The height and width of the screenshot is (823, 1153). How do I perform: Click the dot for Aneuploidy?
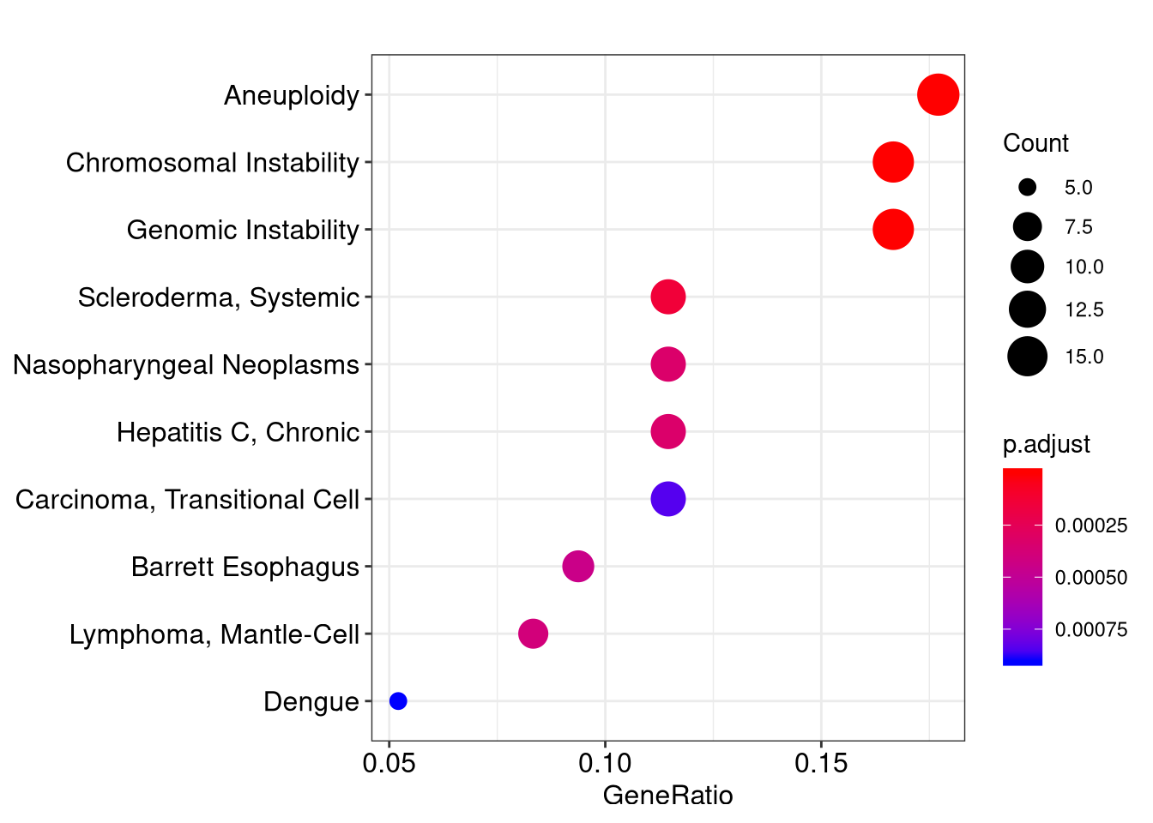(x=938, y=94)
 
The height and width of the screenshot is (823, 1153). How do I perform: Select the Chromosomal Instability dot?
(x=893, y=162)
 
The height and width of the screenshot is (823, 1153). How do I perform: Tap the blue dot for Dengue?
(x=398, y=700)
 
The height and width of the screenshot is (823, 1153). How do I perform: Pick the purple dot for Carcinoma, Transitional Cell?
(x=668, y=499)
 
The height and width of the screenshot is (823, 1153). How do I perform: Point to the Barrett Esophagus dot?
(x=578, y=567)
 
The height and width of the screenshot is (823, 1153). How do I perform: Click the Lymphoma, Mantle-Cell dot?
(x=534, y=634)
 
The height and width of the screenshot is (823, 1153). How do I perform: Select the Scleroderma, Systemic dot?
(x=668, y=297)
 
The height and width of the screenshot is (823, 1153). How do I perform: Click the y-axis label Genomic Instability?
(x=243, y=230)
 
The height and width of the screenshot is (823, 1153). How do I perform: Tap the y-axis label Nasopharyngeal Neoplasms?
(x=186, y=365)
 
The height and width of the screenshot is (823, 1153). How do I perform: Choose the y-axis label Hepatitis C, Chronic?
(x=238, y=432)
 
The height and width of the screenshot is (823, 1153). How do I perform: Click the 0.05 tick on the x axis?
(x=389, y=763)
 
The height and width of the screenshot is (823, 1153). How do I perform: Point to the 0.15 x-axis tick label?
(x=821, y=763)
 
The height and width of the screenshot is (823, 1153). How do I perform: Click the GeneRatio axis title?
(x=668, y=796)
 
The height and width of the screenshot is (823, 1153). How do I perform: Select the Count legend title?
(x=1035, y=143)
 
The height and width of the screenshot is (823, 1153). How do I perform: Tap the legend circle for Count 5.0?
(x=1028, y=187)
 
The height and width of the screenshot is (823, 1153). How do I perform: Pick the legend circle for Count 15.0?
(x=1028, y=357)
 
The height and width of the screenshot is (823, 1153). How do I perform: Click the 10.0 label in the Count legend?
(x=1084, y=267)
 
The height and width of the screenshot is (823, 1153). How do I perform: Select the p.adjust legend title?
(x=1047, y=444)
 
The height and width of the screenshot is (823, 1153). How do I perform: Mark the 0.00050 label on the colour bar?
(x=1091, y=578)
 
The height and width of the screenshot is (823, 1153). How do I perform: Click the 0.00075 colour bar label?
(x=1091, y=629)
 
